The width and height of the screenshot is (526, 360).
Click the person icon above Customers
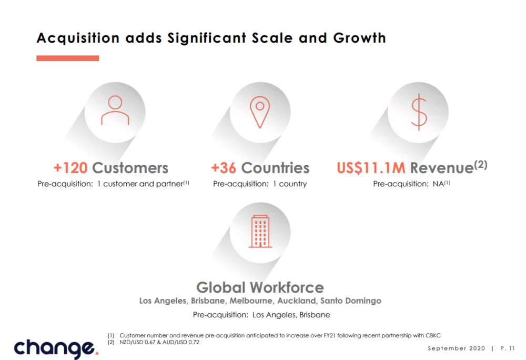pyautogui.click(x=115, y=111)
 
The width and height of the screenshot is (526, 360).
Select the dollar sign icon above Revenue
pyautogui.click(x=419, y=112)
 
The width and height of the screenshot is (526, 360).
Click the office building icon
pyautogui.click(x=260, y=231)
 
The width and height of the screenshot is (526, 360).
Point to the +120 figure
pyautogui.click(x=70, y=168)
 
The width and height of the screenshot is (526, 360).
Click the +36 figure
pyautogui.click(x=224, y=168)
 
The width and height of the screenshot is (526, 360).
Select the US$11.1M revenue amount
pyautogui.click(x=371, y=168)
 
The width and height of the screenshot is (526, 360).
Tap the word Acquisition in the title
pyautogui.click(x=78, y=38)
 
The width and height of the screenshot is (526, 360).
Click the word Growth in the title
pyautogui.click(x=360, y=38)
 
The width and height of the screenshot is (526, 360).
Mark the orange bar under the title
pyautogui.click(x=68, y=58)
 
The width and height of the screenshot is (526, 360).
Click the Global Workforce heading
pyautogui.click(x=260, y=287)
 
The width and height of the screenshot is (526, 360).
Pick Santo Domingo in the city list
pyautogui.click(x=350, y=301)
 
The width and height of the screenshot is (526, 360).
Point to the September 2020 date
pyautogui.click(x=456, y=348)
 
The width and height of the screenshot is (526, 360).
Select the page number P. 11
pyautogui.click(x=507, y=348)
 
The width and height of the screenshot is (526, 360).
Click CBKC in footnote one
pyautogui.click(x=433, y=335)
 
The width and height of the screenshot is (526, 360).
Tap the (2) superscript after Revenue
pyautogui.click(x=481, y=165)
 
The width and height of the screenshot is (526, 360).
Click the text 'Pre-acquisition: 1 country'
pyautogui.click(x=260, y=184)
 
